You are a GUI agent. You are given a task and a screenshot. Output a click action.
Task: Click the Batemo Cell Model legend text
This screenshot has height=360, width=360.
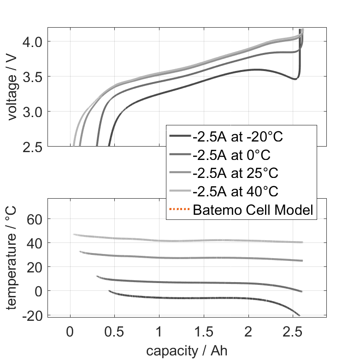tap(253, 210)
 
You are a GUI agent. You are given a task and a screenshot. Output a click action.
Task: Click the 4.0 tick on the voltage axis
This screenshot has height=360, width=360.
tap(32, 41)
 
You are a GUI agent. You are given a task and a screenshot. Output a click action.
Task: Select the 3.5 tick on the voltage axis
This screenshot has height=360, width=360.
tap(32, 77)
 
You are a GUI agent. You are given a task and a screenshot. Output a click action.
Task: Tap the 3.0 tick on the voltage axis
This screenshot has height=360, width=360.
tap(32, 112)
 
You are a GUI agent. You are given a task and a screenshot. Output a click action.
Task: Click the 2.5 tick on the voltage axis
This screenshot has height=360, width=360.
tap(32, 147)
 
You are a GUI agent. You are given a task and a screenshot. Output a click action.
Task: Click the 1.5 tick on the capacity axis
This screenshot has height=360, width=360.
tap(204, 332)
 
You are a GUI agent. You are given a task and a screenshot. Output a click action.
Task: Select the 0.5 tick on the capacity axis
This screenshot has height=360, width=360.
tap(114, 332)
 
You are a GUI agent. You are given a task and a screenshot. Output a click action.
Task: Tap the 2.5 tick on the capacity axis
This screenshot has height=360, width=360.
tap(293, 332)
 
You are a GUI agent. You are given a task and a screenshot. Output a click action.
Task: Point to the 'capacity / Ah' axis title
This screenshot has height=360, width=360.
tap(187, 351)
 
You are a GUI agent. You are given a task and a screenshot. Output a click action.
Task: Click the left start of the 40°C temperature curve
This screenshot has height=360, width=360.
tap(74, 234)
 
